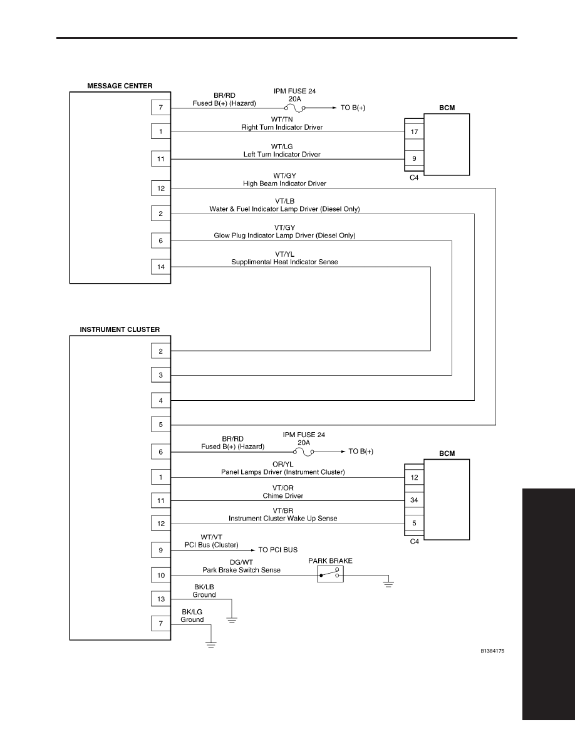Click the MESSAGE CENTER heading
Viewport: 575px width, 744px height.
tap(120, 86)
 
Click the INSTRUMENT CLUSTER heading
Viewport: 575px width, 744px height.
tap(120, 329)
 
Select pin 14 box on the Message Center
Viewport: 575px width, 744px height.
tap(161, 267)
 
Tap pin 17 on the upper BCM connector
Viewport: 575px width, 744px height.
tap(414, 132)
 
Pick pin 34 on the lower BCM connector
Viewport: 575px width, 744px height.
tap(414, 500)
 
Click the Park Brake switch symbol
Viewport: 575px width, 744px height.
tap(330, 574)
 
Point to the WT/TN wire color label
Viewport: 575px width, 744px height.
tap(282, 120)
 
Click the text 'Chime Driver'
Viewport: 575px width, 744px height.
tap(282, 496)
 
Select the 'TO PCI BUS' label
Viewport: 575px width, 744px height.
tap(278, 550)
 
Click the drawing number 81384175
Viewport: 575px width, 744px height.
tap(492, 651)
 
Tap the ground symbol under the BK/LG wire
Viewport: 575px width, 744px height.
tap(210, 644)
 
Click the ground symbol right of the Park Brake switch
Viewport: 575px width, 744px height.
tap(388, 584)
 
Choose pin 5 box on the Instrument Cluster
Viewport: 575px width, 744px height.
tap(161, 425)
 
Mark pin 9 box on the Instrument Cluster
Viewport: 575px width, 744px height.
tap(161, 550)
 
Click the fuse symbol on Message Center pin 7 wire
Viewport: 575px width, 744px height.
tap(294, 108)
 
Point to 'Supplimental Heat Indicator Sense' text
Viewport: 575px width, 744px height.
tap(284, 262)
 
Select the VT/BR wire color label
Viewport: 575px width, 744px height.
tap(282, 510)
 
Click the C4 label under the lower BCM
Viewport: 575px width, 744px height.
tap(414, 541)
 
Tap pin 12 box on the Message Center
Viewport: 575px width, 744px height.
tap(161, 189)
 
